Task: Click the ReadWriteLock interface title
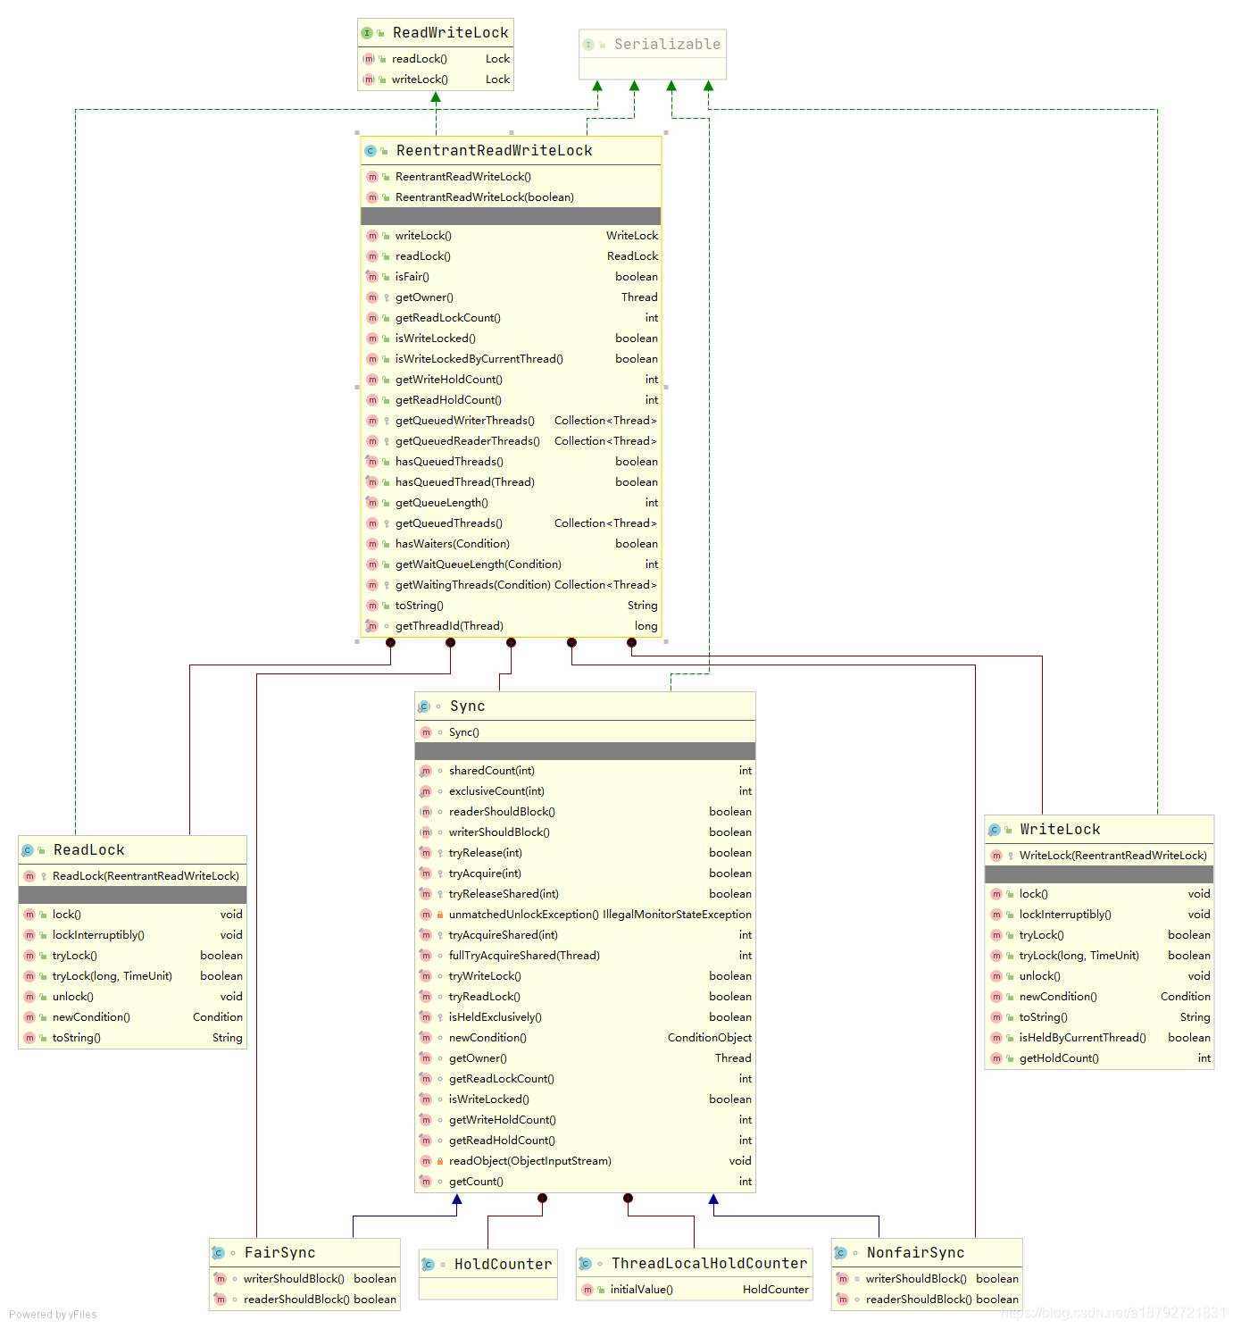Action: point(450,32)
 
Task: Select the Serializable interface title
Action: point(667,44)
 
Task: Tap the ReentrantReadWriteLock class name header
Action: point(494,151)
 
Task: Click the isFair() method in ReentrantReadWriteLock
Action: point(412,276)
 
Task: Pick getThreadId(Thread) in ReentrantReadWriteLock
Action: point(449,626)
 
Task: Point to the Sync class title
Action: point(467,706)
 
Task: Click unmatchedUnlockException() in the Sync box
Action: point(523,914)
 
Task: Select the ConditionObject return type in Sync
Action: point(709,1037)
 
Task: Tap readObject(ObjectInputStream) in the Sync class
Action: point(529,1160)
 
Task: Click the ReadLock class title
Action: point(89,850)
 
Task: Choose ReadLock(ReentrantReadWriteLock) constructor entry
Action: point(146,876)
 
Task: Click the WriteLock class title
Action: point(1060,829)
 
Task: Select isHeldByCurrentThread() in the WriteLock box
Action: point(1082,1037)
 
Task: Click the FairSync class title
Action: point(279,1252)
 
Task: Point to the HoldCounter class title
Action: point(503,1264)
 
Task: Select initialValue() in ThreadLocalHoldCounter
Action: point(641,1289)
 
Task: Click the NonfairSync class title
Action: point(915,1252)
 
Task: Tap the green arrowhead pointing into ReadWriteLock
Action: point(436,97)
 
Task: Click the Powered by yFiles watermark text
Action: point(53,1315)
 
